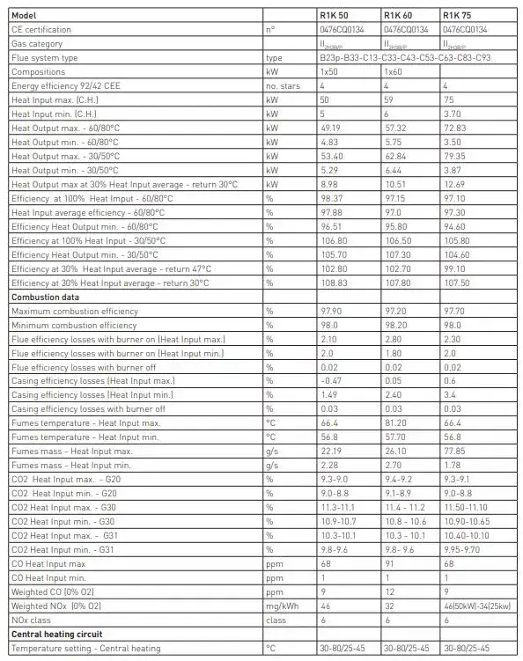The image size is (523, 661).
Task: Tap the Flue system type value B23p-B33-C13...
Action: click(x=405, y=57)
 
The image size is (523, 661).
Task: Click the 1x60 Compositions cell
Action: click(x=394, y=71)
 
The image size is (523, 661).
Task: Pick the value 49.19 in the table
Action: click(x=330, y=128)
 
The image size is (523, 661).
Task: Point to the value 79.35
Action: click(x=455, y=156)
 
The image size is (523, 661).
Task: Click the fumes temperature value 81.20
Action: click(x=394, y=423)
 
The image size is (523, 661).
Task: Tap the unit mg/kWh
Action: click(x=282, y=606)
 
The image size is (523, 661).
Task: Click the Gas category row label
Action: click(x=36, y=43)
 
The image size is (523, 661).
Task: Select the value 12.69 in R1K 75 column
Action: click(x=454, y=184)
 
